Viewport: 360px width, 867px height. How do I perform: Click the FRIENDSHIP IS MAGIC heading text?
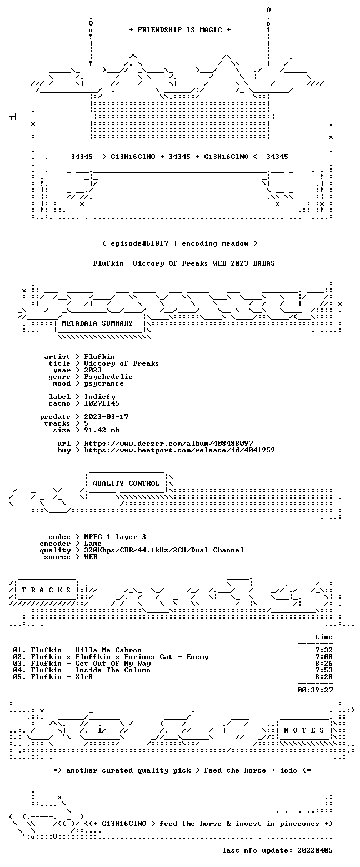click(x=180, y=30)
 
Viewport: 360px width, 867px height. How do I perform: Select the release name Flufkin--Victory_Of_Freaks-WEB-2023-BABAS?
click(x=184, y=263)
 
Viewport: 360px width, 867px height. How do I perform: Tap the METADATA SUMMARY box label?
click(x=97, y=323)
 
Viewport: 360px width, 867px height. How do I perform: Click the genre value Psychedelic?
click(x=108, y=377)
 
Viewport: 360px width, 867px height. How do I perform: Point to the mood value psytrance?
click(x=104, y=383)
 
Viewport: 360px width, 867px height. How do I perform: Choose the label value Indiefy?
click(x=99, y=397)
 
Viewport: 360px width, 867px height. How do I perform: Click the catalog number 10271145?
click(x=102, y=403)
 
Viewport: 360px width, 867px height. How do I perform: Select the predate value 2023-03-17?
click(x=107, y=417)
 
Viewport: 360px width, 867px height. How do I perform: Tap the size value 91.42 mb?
click(x=102, y=430)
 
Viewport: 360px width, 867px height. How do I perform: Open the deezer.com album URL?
click(x=169, y=443)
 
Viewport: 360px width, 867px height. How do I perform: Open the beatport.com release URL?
click(x=179, y=450)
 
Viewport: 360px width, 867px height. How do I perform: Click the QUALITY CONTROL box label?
click(x=126, y=484)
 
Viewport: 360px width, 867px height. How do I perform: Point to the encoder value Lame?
click(x=93, y=544)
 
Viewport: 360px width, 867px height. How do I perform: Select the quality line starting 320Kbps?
click(x=164, y=550)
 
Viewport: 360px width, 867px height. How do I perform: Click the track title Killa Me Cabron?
click(x=108, y=650)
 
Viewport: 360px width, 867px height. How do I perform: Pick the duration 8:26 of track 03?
click(x=324, y=664)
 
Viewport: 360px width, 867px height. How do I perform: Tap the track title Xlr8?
click(x=84, y=677)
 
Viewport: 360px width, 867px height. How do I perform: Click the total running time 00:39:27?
click(x=315, y=690)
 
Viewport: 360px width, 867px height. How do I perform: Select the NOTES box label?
click(x=304, y=730)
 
